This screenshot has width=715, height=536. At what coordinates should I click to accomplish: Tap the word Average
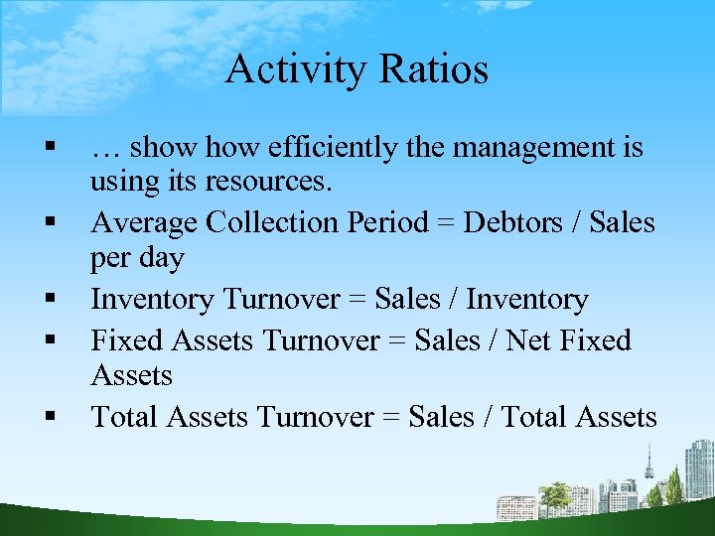click(x=144, y=222)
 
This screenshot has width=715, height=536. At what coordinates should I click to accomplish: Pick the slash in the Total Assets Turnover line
click(x=486, y=417)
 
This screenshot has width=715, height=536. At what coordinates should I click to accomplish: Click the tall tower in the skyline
click(x=648, y=465)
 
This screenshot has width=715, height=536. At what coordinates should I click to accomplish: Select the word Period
click(x=385, y=222)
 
